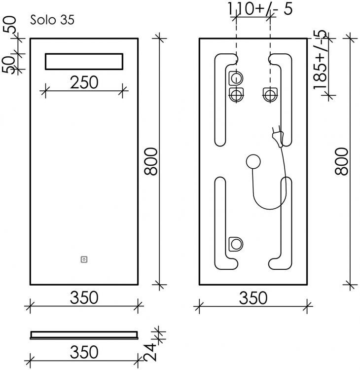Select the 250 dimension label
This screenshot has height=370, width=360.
click(x=84, y=82)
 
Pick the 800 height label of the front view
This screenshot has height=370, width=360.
click(x=151, y=161)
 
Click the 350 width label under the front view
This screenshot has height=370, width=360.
click(x=83, y=297)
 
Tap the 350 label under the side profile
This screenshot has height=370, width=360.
click(x=83, y=352)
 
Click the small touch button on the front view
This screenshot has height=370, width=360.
click(x=84, y=259)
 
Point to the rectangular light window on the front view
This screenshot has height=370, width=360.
click(x=84, y=62)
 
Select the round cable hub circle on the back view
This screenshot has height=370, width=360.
click(x=253, y=161)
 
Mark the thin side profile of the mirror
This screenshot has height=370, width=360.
click(x=83, y=334)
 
